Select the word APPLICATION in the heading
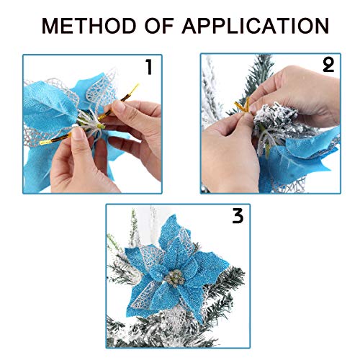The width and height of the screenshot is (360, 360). [x=256, y=26]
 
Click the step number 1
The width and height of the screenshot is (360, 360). [x=149, y=67]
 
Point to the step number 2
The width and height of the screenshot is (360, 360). [x=328, y=65]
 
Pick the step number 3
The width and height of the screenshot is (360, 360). [x=238, y=216]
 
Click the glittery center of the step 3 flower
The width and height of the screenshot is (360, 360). [x=175, y=278]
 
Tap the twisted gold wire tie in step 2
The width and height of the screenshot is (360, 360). [x=243, y=107]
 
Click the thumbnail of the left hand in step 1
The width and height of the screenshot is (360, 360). [x=77, y=133]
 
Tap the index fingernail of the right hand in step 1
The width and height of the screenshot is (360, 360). [x=117, y=106]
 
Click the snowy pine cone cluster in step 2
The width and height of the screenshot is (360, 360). [x=276, y=117]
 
